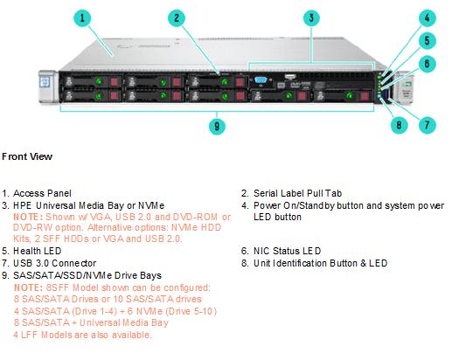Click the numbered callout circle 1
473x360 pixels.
pos(82,17)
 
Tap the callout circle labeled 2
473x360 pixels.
pos(177,17)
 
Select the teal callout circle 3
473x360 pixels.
pos(311,17)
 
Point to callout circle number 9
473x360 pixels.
pos(217,126)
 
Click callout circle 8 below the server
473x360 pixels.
pos(399,125)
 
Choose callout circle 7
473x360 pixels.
pos(427,125)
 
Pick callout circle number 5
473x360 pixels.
pos(427,41)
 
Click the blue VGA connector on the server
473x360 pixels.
pos(261,80)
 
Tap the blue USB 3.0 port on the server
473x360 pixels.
pos(386,97)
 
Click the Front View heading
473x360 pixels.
pos(27,156)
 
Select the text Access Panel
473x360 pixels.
pos(42,193)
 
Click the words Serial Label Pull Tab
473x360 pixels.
pos(298,193)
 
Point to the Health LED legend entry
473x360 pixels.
pos(37,251)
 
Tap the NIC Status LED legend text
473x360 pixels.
pos(287,251)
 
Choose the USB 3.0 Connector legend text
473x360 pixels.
pos(54,263)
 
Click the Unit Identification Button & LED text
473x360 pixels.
pos(320,263)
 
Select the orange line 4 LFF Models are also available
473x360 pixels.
pos(82,335)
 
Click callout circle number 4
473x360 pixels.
pos(427,17)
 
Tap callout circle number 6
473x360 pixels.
pos(427,64)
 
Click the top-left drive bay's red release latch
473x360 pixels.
pos(115,81)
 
